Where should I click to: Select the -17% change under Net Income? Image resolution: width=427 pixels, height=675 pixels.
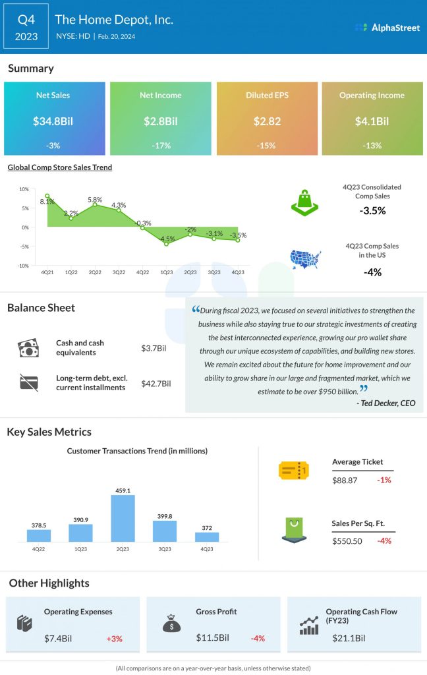[160, 145]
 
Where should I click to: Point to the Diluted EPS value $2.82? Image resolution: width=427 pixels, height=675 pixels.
[266, 121]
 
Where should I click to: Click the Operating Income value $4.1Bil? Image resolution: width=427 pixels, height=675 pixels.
[372, 121]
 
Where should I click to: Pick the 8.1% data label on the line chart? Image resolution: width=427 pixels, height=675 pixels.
[47, 202]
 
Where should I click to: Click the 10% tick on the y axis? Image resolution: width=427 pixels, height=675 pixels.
[24, 189]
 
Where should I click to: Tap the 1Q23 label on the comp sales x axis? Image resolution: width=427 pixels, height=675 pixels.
[167, 272]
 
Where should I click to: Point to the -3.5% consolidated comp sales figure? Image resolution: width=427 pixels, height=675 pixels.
[372, 211]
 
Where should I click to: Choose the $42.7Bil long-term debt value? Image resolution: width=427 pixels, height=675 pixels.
[156, 384]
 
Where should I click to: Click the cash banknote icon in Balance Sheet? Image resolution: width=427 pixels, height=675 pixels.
[29, 347]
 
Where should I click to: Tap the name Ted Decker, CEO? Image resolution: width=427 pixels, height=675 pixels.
[387, 403]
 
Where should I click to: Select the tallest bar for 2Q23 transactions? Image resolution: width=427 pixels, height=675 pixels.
[123, 518]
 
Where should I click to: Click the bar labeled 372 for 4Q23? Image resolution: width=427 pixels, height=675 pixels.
[207, 537]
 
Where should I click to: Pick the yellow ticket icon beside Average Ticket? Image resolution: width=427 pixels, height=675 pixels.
[294, 470]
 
